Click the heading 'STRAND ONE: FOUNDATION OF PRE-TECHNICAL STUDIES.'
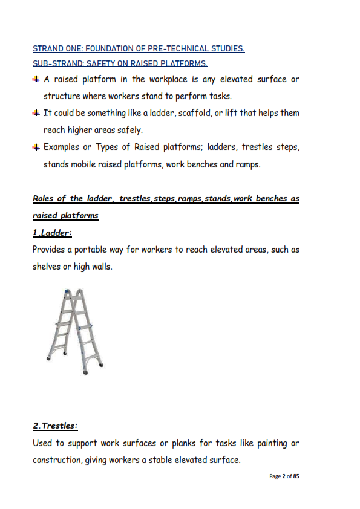pos(139,49)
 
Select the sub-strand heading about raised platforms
pos(120,63)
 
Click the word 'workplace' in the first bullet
pos(168,80)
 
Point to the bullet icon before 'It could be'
pos(36,113)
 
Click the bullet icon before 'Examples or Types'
pos(36,147)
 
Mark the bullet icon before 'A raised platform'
pos(36,79)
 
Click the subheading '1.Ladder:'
pos(52,233)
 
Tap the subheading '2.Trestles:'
pos(55,426)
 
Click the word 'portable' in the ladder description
pos(90,250)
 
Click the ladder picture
pos(75,331)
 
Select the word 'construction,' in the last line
pos(57,460)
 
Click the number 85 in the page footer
pos(296,476)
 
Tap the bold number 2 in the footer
pos(284,476)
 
